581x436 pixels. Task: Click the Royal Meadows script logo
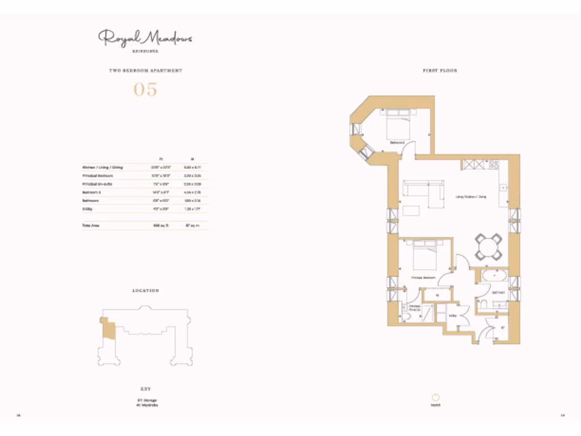[x=145, y=38]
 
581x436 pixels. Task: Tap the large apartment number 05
[x=145, y=90]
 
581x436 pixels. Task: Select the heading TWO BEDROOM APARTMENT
[x=145, y=71]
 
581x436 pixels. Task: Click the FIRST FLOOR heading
[x=440, y=71]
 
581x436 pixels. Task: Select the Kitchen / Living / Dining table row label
[x=103, y=167]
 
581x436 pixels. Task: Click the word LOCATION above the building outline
[x=145, y=291]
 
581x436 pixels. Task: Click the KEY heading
[x=145, y=389]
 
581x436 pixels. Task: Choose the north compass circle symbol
[x=436, y=398]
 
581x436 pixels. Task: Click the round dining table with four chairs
[x=489, y=246]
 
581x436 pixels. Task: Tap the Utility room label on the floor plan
[x=453, y=315]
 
